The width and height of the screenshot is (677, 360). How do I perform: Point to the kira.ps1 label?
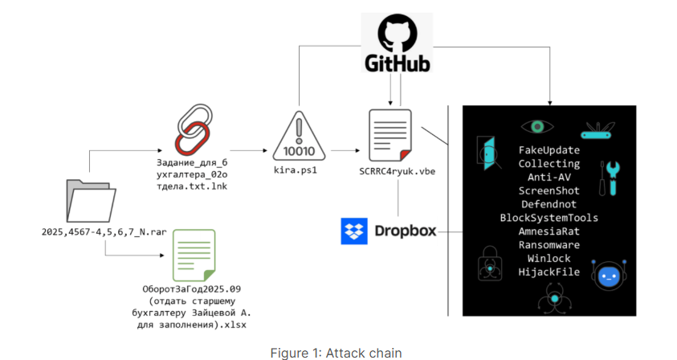298,170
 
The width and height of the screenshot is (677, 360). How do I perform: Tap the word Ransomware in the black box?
549,245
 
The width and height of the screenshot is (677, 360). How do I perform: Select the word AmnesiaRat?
549,231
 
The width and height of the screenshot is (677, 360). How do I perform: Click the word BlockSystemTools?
549,218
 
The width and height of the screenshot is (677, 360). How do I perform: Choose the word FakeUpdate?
549,149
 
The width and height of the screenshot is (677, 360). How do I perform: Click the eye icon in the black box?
537,126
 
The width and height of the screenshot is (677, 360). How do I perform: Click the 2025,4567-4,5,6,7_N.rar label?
91,231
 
